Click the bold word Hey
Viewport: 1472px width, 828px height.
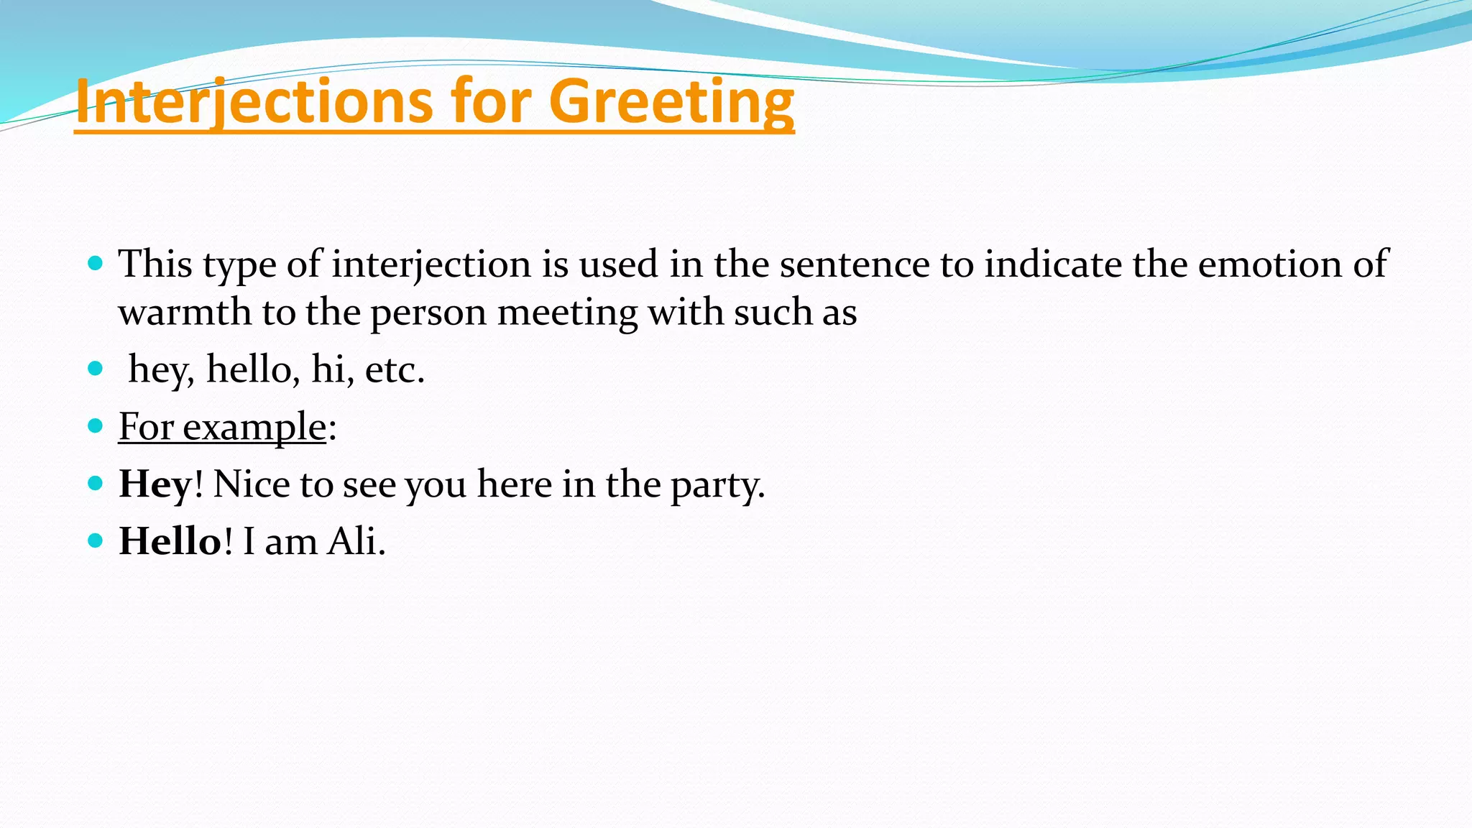[155, 484]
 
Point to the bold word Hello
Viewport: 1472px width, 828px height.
[170, 540]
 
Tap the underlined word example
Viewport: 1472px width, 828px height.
[254, 427]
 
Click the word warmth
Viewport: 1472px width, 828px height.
[185, 313]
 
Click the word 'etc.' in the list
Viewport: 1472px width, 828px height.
[395, 370]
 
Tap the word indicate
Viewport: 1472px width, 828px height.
[1053, 264]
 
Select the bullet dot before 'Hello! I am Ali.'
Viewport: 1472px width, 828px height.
[95, 540]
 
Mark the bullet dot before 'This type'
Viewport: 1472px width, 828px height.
[95, 263]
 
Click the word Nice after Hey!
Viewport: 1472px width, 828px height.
[250, 484]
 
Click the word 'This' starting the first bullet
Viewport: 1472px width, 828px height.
[155, 264]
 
